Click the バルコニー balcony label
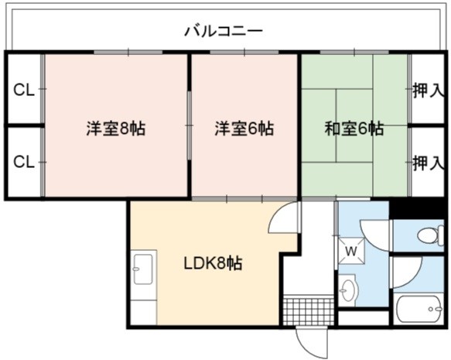[224, 32]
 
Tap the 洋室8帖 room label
[116, 129]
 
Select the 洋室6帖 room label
[244, 129]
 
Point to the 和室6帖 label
[354, 129]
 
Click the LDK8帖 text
[214, 263]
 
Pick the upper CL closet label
[24, 91]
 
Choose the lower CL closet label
[24, 162]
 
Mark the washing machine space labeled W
[351, 251]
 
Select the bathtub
[419, 309]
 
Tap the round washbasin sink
[349, 290]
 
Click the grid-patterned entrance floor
[309, 312]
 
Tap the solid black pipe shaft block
[416, 207]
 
